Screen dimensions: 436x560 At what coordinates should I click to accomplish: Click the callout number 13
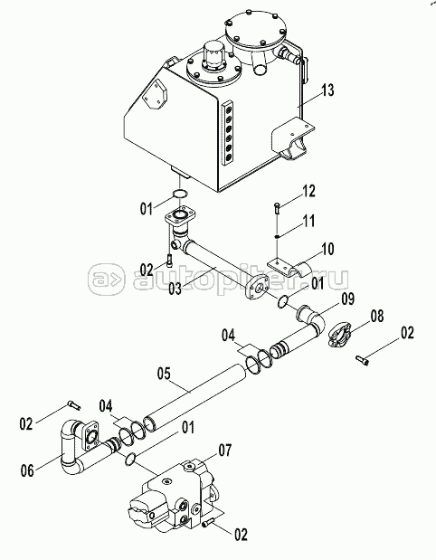327,90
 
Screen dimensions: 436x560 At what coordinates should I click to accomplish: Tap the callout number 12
308,192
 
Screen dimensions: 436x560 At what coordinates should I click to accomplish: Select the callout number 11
308,221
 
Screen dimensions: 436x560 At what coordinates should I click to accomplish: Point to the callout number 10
327,249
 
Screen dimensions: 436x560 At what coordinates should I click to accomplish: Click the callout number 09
347,299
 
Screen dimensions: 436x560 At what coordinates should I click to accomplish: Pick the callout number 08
376,316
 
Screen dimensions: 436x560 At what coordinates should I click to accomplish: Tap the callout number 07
224,451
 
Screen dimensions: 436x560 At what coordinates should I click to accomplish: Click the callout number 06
27,470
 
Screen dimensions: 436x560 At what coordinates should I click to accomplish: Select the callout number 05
164,374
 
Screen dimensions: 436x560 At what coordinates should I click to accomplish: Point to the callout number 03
175,289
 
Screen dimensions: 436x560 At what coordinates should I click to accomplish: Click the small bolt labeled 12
278,208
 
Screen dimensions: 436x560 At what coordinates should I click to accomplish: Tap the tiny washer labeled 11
277,236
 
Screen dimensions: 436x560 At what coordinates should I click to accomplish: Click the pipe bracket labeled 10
290,267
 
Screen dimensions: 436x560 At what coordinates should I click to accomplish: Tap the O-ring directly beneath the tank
180,194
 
